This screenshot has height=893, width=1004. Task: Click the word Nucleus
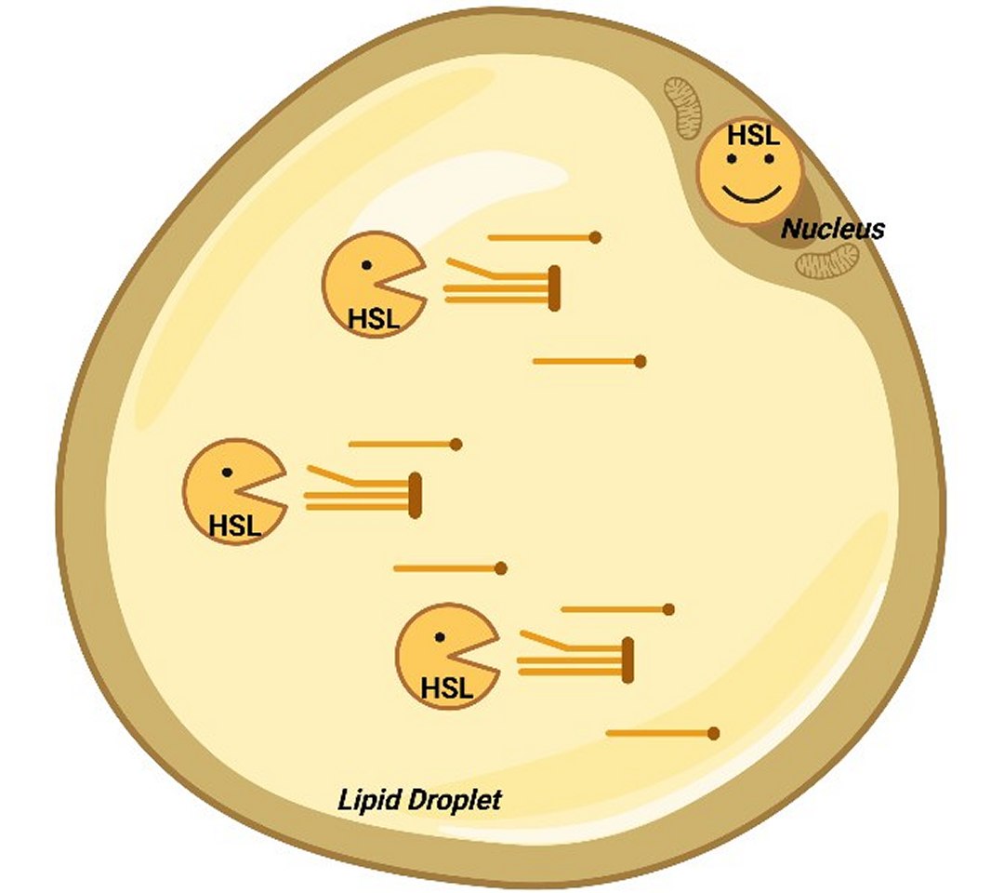pos(833,228)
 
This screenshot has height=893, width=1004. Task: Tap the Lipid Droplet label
pos(418,799)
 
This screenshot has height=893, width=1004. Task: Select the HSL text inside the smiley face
pos(749,136)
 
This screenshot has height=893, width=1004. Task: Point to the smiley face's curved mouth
pos(749,193)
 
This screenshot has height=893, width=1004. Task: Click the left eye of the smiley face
pos(732,159)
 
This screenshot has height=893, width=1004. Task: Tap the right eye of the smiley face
pos(769,159)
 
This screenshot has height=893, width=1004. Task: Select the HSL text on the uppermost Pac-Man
pos(374,319)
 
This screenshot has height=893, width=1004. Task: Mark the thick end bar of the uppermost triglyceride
pos(554,287)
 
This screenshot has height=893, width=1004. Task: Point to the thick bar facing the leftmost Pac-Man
pos(416,495)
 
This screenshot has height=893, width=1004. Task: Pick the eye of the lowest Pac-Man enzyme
pos(440,638)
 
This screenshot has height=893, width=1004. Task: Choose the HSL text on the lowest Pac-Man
pos(447,689)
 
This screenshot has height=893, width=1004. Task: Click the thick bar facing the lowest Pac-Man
pos(628,660)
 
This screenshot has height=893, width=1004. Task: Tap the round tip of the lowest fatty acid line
pos(714,733)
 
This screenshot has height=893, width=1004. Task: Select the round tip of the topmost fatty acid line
pos(596,237)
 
